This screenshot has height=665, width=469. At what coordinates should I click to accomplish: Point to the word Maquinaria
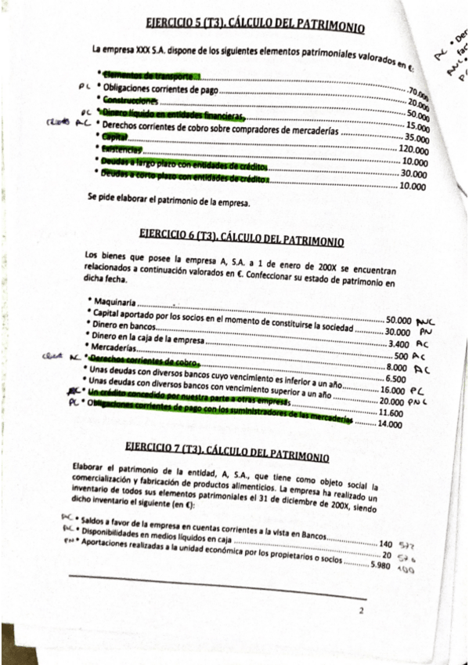tap(113, 302)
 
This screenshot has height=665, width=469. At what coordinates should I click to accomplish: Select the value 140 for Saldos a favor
tap(385, 543)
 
